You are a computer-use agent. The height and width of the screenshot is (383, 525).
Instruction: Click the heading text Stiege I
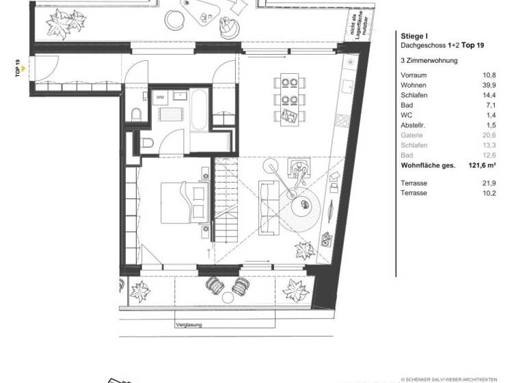pyautogui.click(x=413, y=36)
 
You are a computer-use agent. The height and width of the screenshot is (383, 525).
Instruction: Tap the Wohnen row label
pyautogui.click(x=414, y=84)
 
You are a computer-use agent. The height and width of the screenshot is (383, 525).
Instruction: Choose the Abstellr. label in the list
pyautogui.click(x=414, y=126)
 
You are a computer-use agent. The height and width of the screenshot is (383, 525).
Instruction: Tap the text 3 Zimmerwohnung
pyautogui.click(x=429, y=60)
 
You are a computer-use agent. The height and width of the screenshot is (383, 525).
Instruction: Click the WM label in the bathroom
pyautogui.click(x=161, y=98)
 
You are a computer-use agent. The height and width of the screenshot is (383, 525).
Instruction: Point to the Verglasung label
pyautogui.click(x=189, y=326)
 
